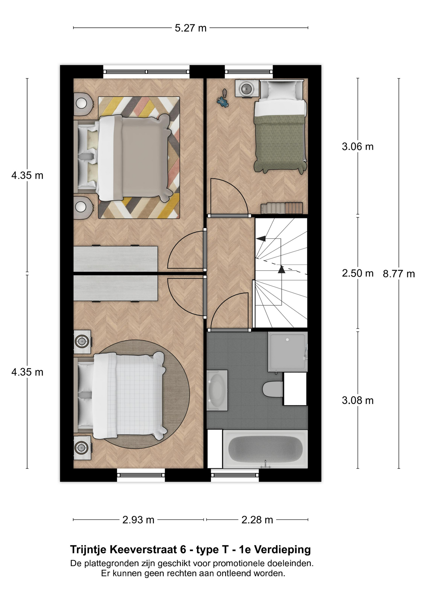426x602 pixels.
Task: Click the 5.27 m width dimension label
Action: pyautogui.click(x=190, y=28)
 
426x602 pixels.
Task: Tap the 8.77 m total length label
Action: pyautogui.click(x=399, y=274)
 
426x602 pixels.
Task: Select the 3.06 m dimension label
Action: pyautogui.click(x=358, y=146)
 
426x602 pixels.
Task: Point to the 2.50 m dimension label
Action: pyautogui.click(x=358, y=273)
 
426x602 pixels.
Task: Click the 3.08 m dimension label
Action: pyautogui.click(x=358, y=400)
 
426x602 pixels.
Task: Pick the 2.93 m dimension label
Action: pyautogui.click(x=138, y=520)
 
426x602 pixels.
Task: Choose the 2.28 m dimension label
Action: pyautogui.click(x=257, y=520)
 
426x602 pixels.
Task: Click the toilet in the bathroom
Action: pyautogui.click(x=273, y=389)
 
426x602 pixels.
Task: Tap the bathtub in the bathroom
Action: pyautogui.click(x=265, y=449)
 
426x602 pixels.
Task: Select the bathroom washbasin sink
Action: pyautogui.click(x=217, y=390)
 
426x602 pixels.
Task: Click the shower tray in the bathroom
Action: pyautogui.click(x=288, y=352)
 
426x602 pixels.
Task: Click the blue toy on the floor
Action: pyautogui.click(x=223, y=102)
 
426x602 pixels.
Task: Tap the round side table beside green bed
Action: pyautogui.click(x=247, y=88)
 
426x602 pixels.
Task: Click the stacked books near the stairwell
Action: pyautogui.click(x=282, y=208)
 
